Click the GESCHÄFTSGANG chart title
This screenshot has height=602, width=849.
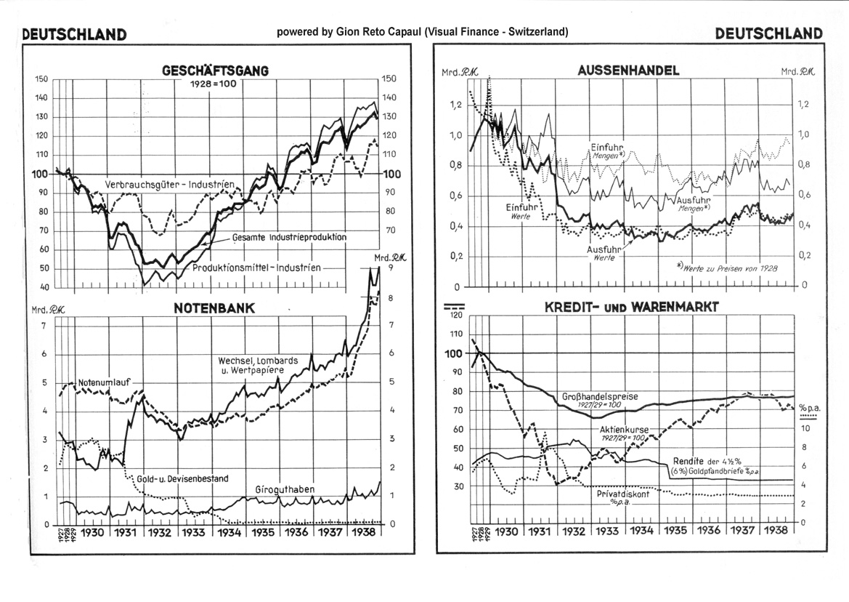(215, 71)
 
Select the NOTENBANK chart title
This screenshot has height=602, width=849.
(214, 308)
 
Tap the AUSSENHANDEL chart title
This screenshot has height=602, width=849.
(628, 71)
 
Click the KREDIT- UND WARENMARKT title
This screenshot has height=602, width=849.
(632, 307)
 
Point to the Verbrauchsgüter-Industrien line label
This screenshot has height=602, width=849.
(170, 185)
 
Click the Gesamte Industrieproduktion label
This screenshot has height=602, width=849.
(289, 238)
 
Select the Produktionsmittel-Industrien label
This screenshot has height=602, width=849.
(256, 267)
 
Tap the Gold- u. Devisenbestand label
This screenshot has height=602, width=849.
(182, 478)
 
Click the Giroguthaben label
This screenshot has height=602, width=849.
(285, 489)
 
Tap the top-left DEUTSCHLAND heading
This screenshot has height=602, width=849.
(75, 34)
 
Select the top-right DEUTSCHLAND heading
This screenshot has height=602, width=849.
(769, 33)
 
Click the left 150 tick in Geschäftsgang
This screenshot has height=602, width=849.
(41, 79)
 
